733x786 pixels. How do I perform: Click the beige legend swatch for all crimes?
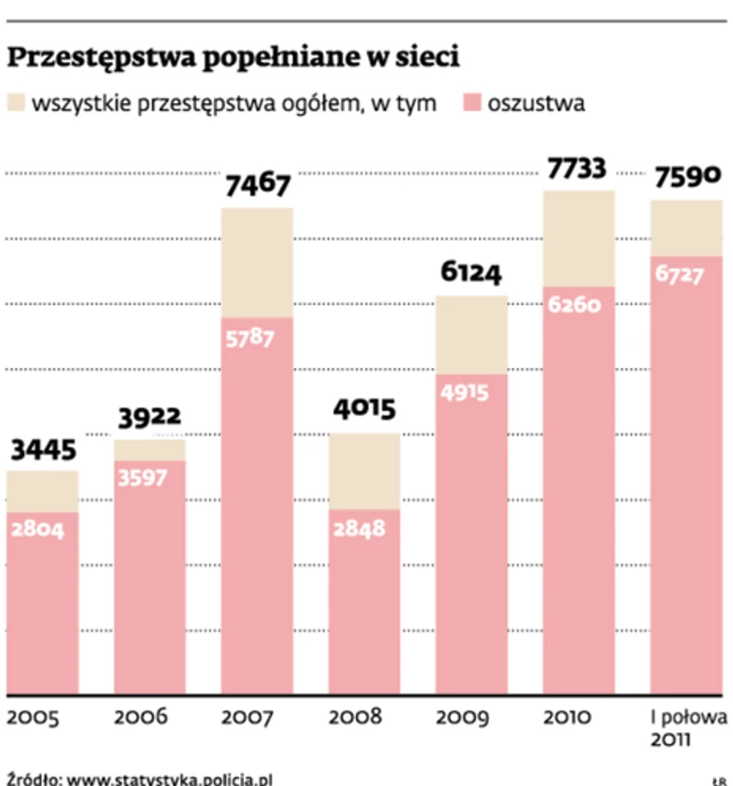click(16, 103)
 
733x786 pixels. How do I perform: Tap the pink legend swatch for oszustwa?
click(472, 103)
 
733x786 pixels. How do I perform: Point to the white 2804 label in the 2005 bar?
click(37, 529)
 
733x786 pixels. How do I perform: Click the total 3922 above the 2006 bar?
click(150, 418)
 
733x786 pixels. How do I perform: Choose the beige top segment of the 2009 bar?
click(473, 334)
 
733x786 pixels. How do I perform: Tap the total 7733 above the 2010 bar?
click(578, 168)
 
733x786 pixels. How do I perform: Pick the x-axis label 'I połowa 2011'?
click(688, 728)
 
